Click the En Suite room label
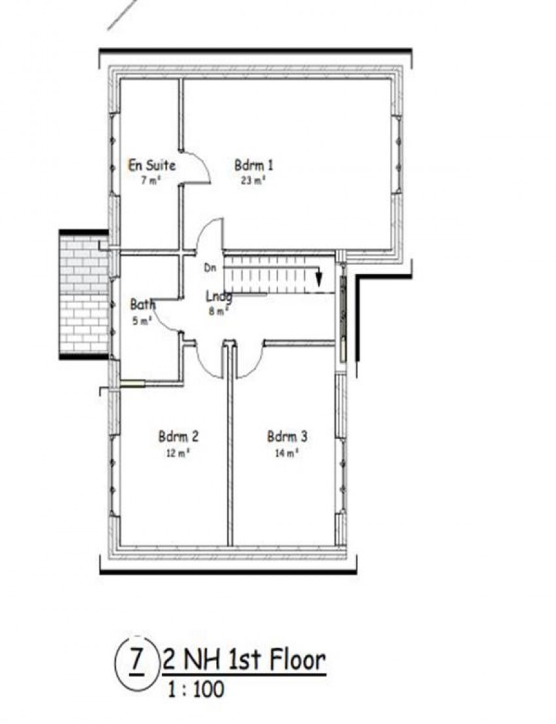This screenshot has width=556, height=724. point(151,165)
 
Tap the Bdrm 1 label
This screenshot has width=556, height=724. point(254,165)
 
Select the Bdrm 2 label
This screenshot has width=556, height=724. point(178,436)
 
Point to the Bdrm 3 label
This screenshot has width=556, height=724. point(287,436)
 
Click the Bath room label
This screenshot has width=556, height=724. point(143,305)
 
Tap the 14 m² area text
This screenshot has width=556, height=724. point(287,452)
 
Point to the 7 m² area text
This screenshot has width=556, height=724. point(150,181)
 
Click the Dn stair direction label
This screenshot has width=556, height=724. point(209,267)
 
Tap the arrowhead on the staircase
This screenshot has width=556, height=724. point(319,279)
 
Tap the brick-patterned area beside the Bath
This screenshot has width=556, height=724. point(84,294)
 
